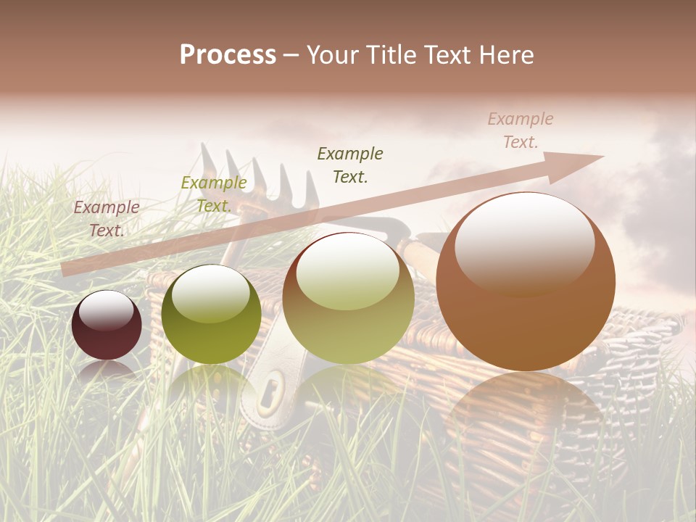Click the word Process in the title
tap(228, 55)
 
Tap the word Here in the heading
tap(507, 55)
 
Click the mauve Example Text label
tap(107, 218)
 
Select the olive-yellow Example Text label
tap(214, 194)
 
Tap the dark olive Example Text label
tap(350, 165)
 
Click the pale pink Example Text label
tap(520, 130)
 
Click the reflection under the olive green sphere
tap(211, 384)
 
